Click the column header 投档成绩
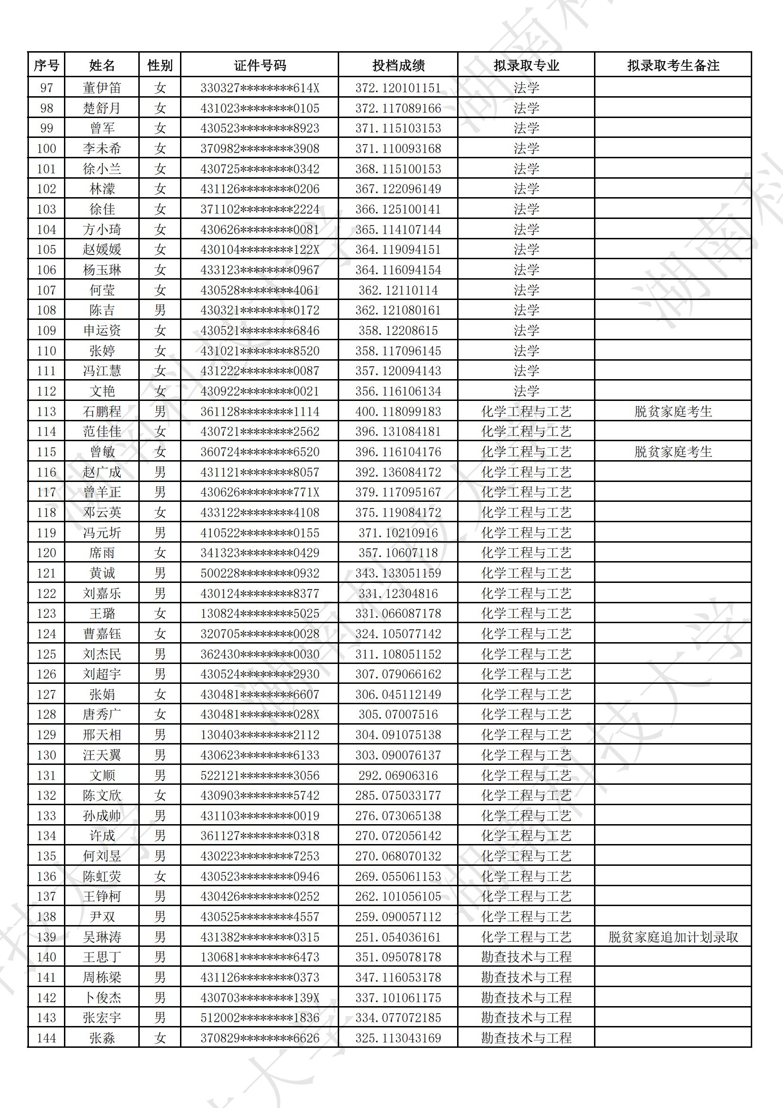[398, 65]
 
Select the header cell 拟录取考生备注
[673, 65]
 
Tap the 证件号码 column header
[260, 65]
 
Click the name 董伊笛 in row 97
[102, 88]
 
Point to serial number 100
[46, 149]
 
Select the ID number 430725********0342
[260, 169]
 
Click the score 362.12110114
[398, 290]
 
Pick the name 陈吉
[102, 310]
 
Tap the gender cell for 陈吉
[160, 310]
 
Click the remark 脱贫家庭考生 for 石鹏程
[673, 412]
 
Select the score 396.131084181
[398, 431]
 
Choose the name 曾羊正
[102, 492]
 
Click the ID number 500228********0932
[260, 573]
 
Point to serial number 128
[46, 715]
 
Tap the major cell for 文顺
[526, 775]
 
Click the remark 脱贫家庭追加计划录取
[673, 937]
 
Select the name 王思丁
[102, 957]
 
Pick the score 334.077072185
[398, 1018]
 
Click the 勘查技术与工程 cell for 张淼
[526, 1038]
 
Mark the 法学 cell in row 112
[526, 391]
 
